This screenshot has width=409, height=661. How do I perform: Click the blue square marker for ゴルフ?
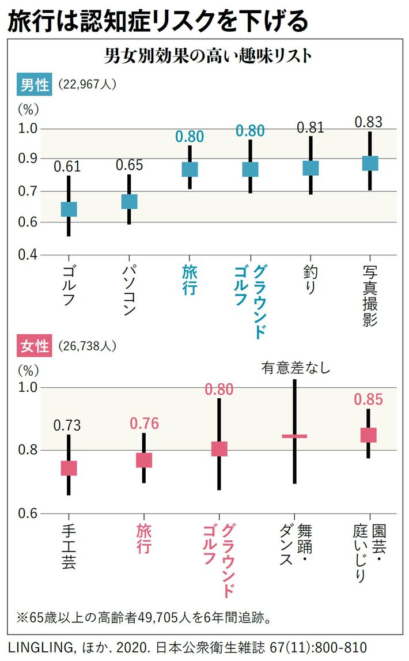point(69,209)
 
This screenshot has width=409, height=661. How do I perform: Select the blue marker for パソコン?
point(129,201)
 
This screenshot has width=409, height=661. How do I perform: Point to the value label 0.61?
point(67,167)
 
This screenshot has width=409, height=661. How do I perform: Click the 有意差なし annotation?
point(296,368)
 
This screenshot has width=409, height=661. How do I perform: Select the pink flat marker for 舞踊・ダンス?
point(294,436)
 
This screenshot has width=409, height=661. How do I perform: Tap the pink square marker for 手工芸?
point(69,468)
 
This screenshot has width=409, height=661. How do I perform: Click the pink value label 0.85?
point(369,399)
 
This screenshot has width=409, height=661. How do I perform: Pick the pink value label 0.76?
point(143,424)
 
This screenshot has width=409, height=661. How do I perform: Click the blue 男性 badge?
point(35,85)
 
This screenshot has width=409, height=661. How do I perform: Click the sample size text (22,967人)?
point(88,85)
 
